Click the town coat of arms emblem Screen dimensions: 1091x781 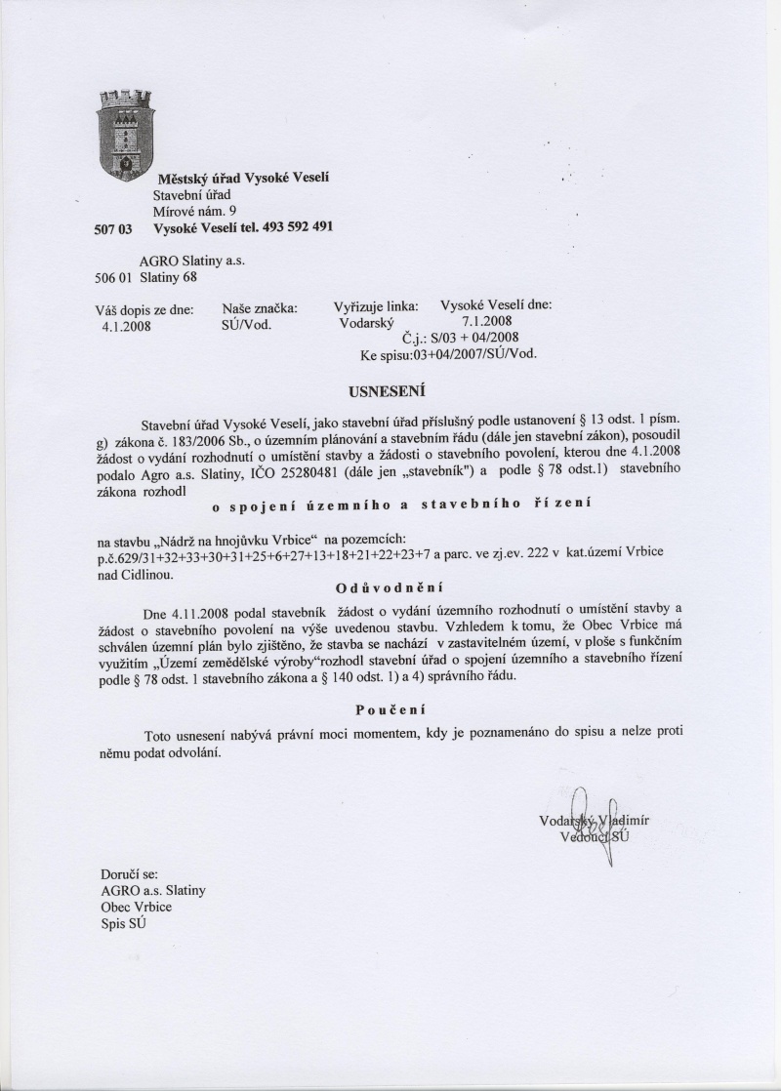128,132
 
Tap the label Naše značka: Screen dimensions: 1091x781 260,306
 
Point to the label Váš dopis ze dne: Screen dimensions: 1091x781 138,308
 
